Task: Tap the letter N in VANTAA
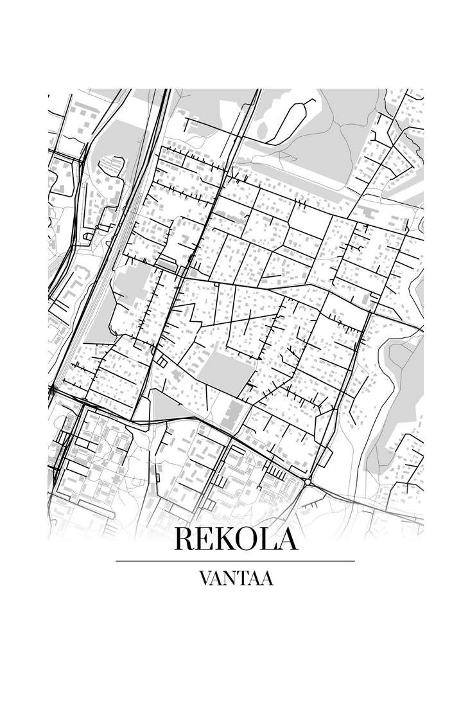point(232,578)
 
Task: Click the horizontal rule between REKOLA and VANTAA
point(235,561)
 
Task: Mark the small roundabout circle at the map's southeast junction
point(309,481)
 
